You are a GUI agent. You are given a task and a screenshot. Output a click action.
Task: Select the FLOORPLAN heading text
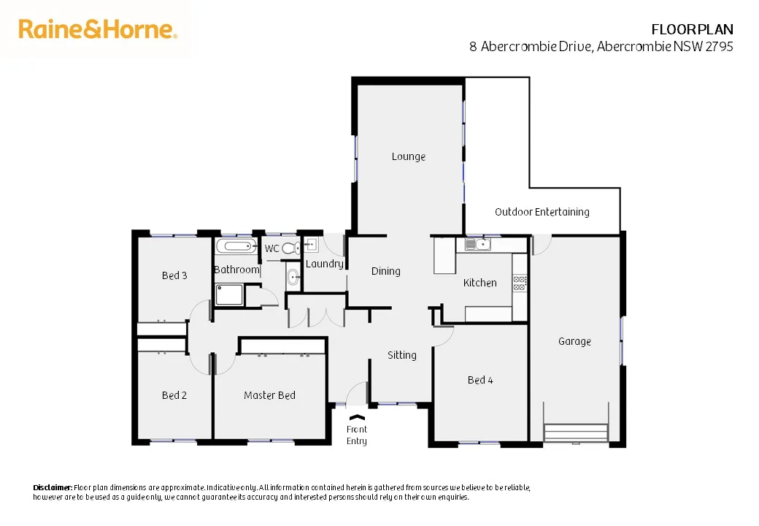coord(691,29)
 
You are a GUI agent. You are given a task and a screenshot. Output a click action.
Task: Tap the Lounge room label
coord(408,156)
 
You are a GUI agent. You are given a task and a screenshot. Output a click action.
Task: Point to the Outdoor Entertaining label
coord(542,212)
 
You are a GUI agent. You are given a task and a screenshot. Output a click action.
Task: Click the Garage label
coord(574,341)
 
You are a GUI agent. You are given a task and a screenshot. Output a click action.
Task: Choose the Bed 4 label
coord(480,380)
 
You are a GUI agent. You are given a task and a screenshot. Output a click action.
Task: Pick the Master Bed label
coord(269,395)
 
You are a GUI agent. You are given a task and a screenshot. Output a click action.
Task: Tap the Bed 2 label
coord(174,395)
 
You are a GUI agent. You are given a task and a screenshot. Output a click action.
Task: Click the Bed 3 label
coord(174,275)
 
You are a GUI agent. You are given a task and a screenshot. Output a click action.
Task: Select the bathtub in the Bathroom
coord(236,247)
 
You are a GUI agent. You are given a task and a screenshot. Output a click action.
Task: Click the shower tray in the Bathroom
coord(230,295)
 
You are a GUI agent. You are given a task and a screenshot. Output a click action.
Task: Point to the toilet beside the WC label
coord(290,248)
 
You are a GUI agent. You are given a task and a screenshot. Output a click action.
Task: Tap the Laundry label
coord(324,264)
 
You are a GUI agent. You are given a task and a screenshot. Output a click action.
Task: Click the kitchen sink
coord(481,245)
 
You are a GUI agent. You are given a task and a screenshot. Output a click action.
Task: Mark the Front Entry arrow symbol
coord(357,417)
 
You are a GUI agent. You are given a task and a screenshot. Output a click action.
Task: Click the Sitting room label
coord(401,355)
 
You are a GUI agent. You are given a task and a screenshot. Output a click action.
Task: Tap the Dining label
coord(385,271)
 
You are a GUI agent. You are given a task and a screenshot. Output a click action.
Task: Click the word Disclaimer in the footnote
coord(53,487)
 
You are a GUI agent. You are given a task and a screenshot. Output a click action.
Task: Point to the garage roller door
coord(576,432)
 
